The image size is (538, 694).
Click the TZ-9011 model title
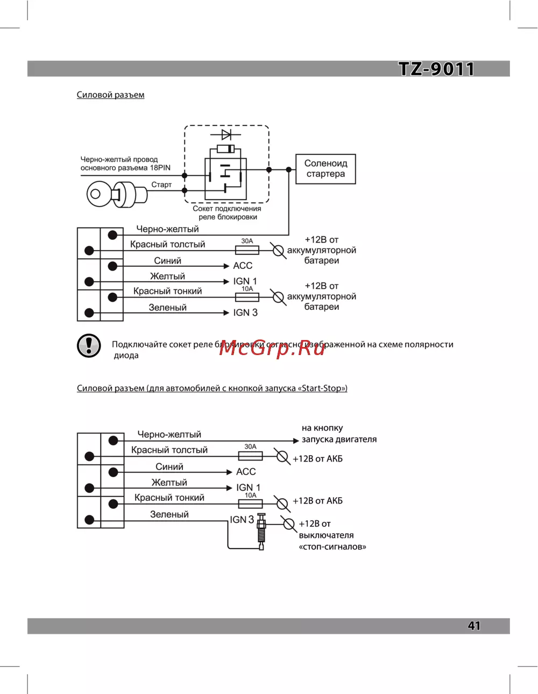[436, 69]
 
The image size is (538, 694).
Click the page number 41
[474, 626]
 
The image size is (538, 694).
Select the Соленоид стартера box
[325, 169]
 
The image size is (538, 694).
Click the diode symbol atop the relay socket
[226, 134]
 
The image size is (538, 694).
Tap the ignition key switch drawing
[117, 194]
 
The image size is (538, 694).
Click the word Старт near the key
[161, 185]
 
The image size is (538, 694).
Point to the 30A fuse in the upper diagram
[247, 250]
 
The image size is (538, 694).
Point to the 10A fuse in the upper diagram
[247, 297]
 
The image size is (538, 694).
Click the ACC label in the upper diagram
[243, 266]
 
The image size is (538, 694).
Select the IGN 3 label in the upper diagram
[245, 313]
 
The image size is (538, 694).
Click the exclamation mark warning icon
[89, 345]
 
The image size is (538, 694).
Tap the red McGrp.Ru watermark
[272, 348]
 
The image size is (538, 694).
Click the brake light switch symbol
[261, 531]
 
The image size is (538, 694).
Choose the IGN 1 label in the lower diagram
[248, 487]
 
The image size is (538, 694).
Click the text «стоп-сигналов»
[332, 547]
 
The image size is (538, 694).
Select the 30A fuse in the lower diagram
[250, 456]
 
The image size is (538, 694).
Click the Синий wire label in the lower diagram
[169, 466]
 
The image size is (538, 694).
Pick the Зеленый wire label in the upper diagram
[168, 308]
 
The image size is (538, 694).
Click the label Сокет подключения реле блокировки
[227, 213]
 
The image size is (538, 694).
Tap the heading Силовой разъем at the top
[110, 95]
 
